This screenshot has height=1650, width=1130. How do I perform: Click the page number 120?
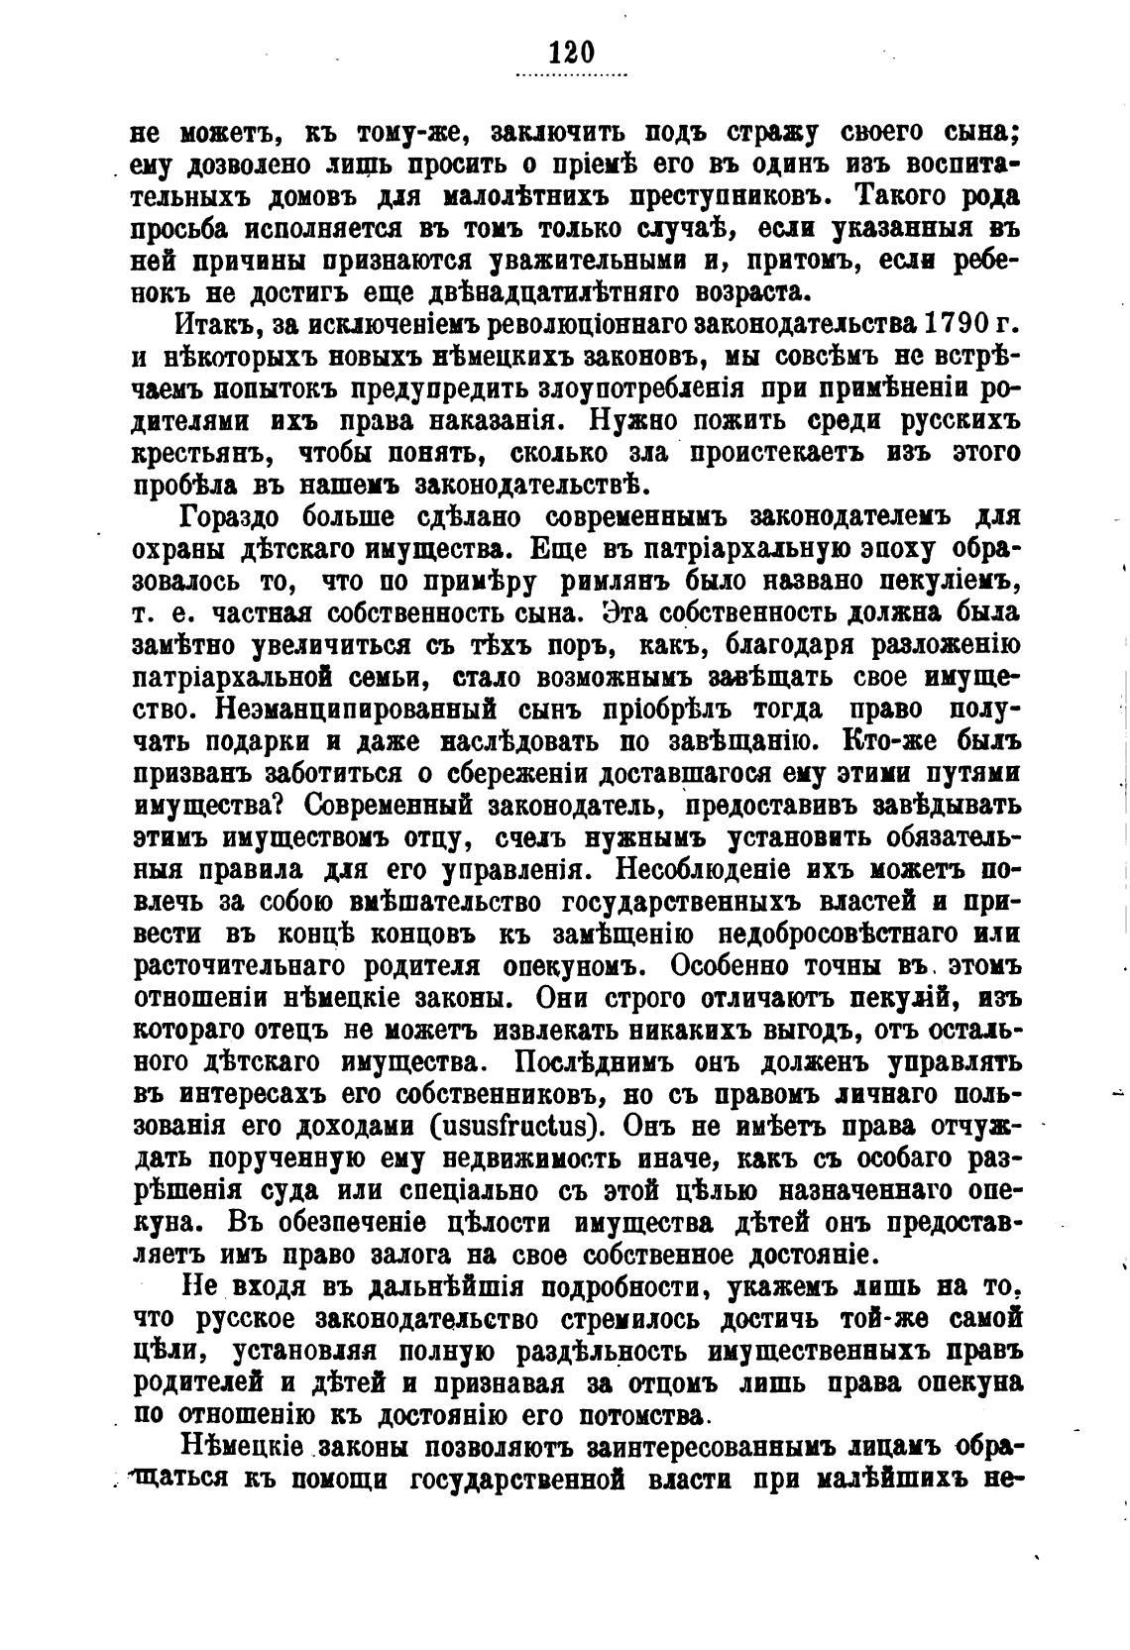(x=570, y=52)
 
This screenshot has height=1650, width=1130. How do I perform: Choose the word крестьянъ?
(x=201, y=453)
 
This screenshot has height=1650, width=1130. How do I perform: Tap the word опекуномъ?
(x=573, y=968)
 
